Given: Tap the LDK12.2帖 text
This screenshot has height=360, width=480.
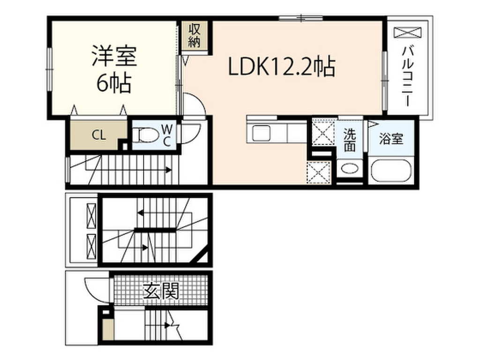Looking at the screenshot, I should pyautogui.click(x=281, y=68).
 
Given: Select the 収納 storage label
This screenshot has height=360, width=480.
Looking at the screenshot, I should pyautogui.click(x=195, y=35).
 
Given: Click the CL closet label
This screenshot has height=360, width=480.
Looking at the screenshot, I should pyautogui.click(x=98, y=136).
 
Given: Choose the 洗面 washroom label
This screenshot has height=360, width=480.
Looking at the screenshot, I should pyautogui.click(x=350, y=140).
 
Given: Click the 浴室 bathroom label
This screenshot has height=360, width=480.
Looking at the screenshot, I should pyautogui.click(x=391, y=140).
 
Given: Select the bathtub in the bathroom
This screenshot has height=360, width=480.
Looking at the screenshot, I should pyautogui.click(x=392, y=172).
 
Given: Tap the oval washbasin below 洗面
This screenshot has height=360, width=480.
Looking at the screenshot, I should pyautogui.click(x=349, y=169).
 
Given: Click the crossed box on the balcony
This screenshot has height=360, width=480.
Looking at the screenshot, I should pyautogui.click(x=407, y=33).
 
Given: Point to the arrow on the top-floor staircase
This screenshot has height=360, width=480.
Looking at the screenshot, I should pyautogui.click(x=168, y=170).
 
